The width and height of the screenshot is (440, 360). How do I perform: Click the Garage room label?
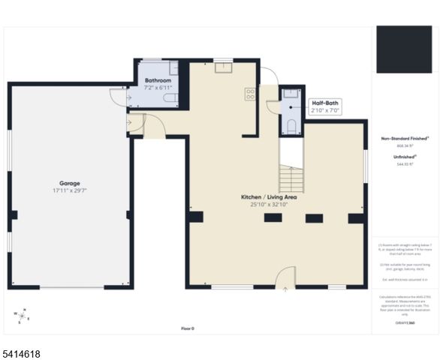tap(70, 183)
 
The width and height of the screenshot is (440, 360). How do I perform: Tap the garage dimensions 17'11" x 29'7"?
tap(70, 191)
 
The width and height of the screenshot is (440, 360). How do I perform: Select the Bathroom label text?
tap(158, 80)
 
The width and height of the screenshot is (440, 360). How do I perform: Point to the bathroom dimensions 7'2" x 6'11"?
tap(158, 88)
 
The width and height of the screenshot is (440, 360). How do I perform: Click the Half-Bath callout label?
tap(326, 102)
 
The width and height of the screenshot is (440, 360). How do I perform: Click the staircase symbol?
tap(291, 178)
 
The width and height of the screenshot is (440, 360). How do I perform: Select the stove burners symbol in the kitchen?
tap(249, 94)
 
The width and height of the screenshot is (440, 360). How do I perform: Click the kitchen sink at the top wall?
tap(223, 67)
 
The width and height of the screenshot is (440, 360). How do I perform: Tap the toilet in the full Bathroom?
tap(171, 98)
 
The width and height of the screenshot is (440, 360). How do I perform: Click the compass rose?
tap(23, 314)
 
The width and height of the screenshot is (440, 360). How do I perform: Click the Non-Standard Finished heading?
tap(406, 139)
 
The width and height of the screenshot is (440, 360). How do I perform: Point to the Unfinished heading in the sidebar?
tap(405, 156)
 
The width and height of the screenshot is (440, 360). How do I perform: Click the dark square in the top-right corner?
tap(404, 49)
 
